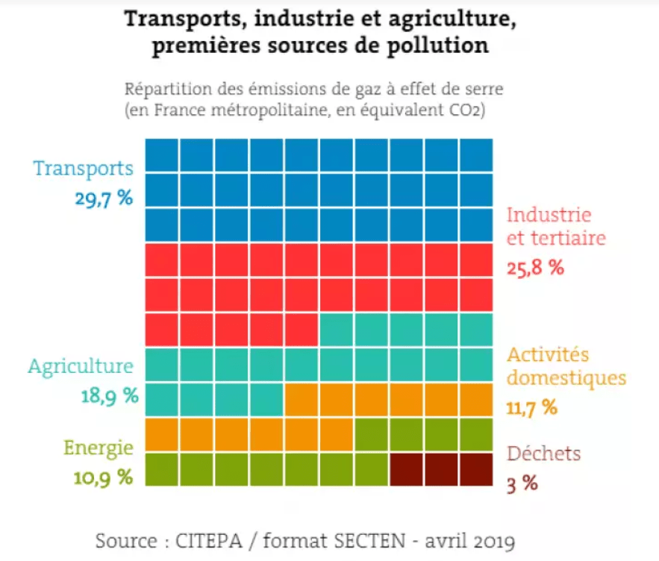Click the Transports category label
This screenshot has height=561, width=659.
[x=83, y=168]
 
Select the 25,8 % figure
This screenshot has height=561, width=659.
[x=535, y=268]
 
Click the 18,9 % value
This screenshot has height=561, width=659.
[x=109, y=395]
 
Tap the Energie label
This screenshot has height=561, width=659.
[x=99, y=448]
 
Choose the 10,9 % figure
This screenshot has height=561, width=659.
[x=103, y=477]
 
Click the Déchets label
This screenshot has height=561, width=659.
[x=543, y=453]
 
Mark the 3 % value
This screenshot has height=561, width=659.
[x=522, y=483]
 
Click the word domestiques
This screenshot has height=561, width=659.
[x=566, y=378]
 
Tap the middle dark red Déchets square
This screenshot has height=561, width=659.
[x=442, y=469]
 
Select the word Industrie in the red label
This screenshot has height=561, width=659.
[x=549, y=215]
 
